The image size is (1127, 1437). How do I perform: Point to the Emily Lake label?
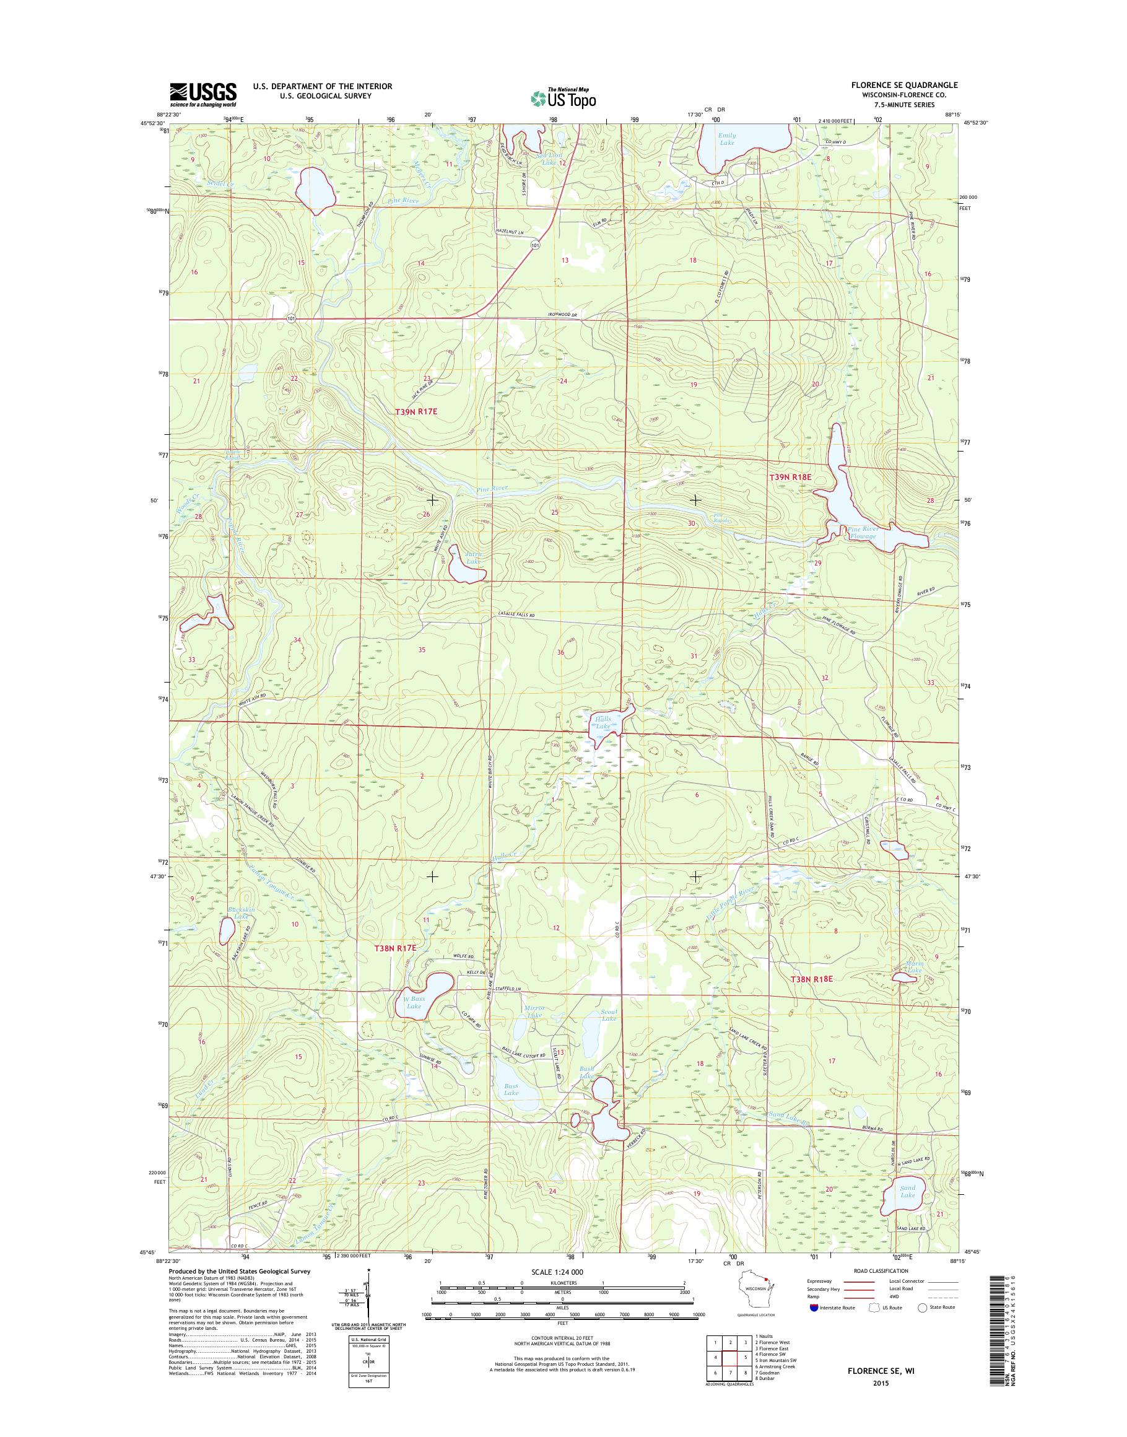pos(726,139)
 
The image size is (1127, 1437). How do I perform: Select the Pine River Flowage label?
pos(863,532)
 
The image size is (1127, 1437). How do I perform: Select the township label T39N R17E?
pos(416,411)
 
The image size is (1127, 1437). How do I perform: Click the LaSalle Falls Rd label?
pos(516,615)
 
